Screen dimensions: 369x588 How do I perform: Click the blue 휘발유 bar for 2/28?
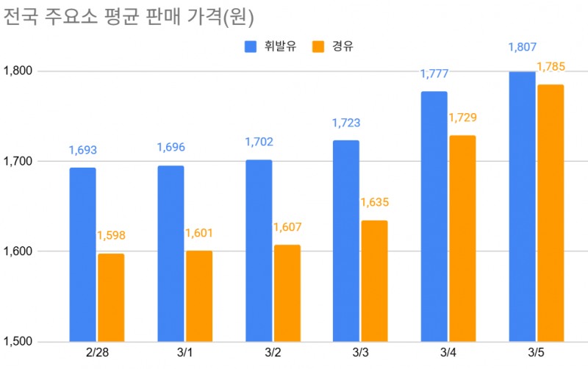coord(82,254)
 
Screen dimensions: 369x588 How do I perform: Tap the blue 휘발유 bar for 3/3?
coord(346,240)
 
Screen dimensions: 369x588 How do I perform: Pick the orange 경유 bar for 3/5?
coord(551,212)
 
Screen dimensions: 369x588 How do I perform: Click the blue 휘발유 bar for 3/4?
coord(434,216)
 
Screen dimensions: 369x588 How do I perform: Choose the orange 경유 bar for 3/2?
coord(287,293)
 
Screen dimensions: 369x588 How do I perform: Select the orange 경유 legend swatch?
coord(319,47)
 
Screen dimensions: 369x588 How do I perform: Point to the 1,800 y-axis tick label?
coord(19,71)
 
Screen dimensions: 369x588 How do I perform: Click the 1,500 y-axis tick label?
coord(19,342)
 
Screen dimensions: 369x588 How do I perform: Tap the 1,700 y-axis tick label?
coord(19,161)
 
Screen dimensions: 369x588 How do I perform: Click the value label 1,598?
coord(111,236)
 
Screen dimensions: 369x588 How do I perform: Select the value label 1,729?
coord(463,118)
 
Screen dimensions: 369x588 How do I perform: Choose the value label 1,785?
coord(551,68)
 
